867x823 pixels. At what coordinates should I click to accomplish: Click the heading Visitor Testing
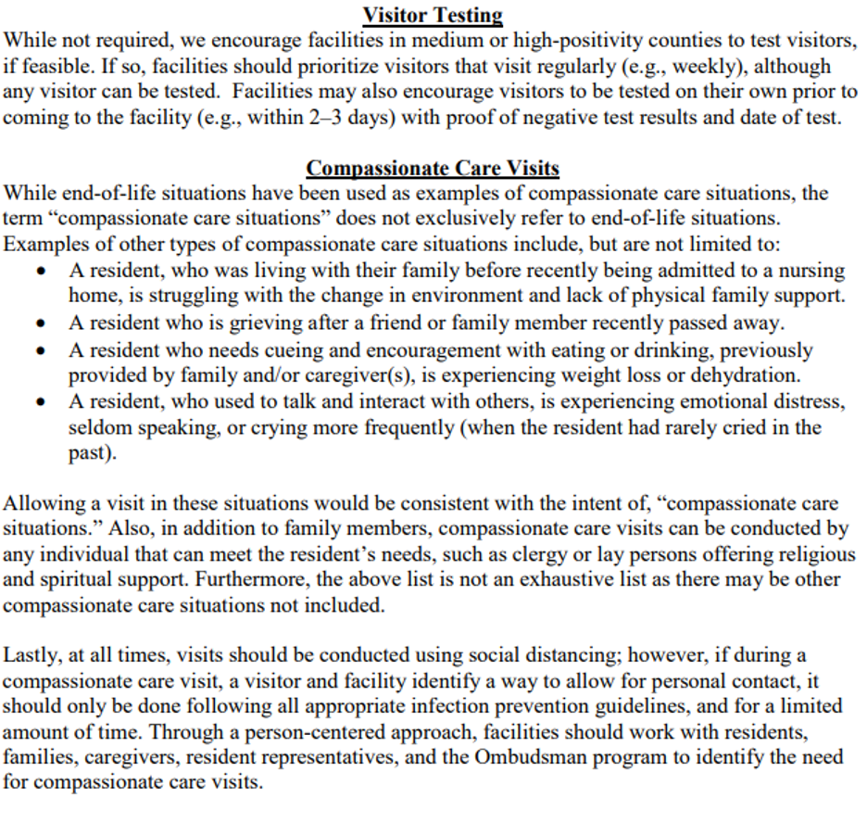(433, 16)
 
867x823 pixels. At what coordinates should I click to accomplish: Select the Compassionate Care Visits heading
(433, 169)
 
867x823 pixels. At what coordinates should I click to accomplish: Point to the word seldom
(95, 428)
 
